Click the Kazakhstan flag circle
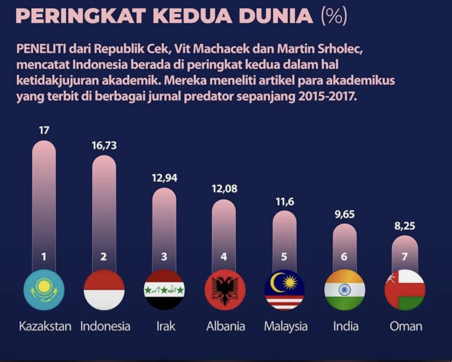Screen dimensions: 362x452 [x=44, y=290]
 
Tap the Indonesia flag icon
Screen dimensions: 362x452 [x=104, y=290]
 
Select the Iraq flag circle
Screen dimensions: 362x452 [x=164, y=290]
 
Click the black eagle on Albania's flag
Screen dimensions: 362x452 [x=225, y=290]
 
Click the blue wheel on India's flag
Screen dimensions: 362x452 [x=344, y=290]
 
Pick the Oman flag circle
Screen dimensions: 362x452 [x=405, y=290]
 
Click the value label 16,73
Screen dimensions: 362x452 [x=104, y=145]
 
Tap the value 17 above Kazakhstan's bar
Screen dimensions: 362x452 [x=44, y=130]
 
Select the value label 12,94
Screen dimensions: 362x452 [x=164, y=178]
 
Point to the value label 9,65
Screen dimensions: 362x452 [x=344, y=214]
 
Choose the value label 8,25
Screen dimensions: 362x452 [x=405, y=226]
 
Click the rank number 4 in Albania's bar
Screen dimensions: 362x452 [x=224, y=256]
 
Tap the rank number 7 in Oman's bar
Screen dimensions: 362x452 [x=405, y=256]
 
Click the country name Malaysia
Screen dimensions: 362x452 [x=286, y=327]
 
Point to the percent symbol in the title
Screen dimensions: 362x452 [x=334, y=16]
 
